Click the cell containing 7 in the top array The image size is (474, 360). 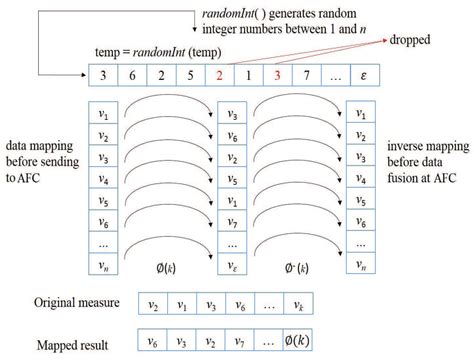307,75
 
